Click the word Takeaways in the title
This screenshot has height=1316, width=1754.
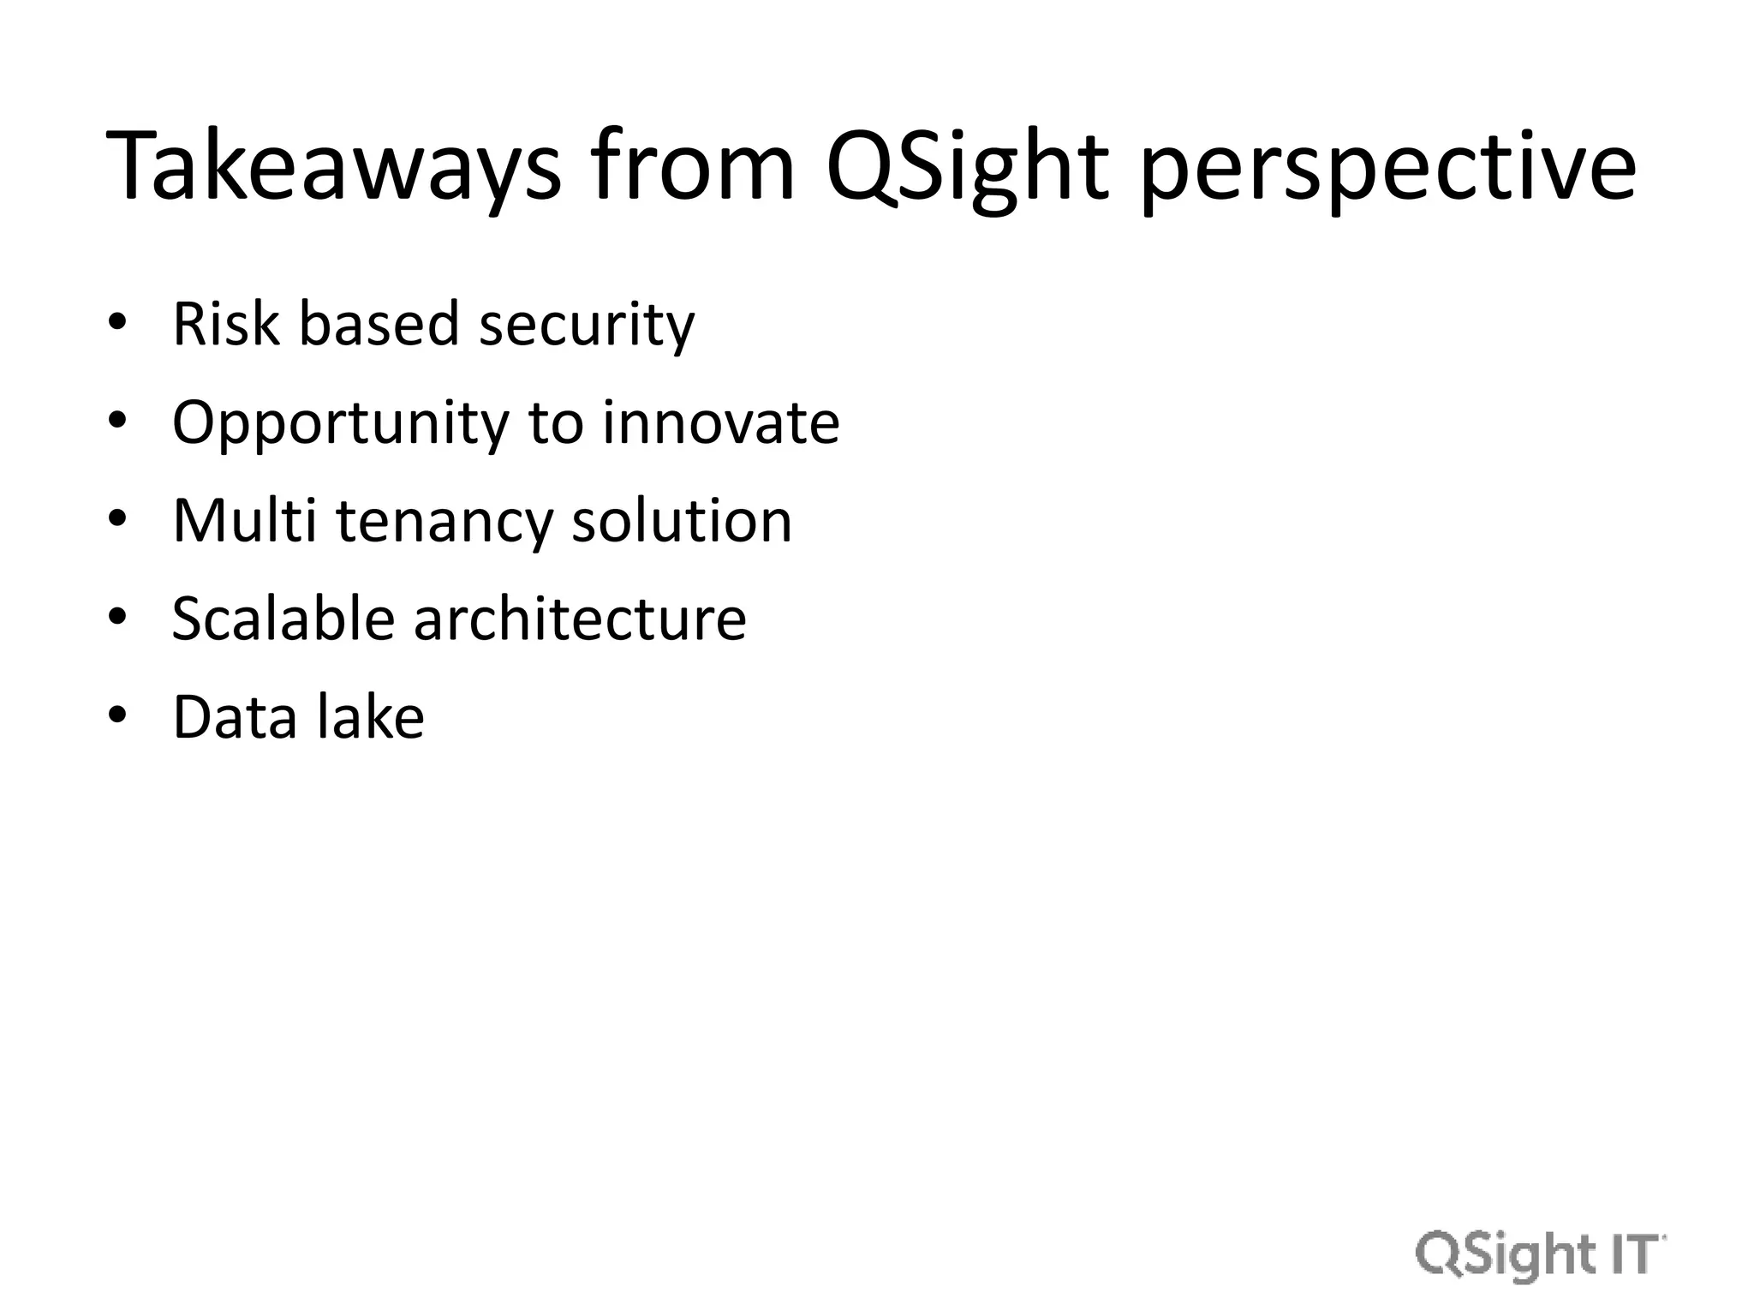(x=334, y=167)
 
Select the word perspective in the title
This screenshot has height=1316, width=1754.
(x=1387, y=167)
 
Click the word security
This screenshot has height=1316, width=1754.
(x=587, y=326)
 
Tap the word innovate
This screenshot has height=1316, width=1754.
(x=720, y=424)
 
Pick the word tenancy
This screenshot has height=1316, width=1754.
(x=444, y=523)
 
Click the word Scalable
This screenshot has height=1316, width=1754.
(x=283, y=619)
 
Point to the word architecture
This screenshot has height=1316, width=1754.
(x=580, y=619)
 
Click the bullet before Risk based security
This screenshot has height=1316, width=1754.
(x=118, y=323)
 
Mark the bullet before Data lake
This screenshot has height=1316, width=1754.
(x=118, y=715)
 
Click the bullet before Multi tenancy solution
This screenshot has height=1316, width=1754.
(x=118, y=519)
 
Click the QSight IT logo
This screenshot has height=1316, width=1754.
(x=1540, y=1256)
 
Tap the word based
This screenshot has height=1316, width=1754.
(x=379, y=326)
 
